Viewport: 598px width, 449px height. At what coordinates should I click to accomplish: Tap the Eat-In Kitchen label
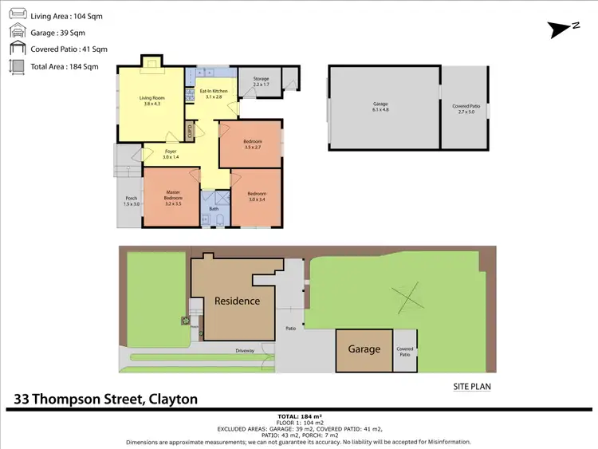pos(214,93)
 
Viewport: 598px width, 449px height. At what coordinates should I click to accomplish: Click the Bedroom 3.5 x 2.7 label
pos(252,144)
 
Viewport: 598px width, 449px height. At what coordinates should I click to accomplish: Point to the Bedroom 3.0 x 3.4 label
pos(256,196)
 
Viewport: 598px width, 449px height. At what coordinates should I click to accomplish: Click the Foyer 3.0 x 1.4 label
pos(171,154)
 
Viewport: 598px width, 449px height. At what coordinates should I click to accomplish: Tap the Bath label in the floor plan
pos(214,210)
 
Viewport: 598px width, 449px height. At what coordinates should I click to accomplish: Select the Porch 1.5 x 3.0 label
pos(132,202)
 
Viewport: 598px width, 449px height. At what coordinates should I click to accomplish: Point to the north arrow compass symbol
pos(563,29)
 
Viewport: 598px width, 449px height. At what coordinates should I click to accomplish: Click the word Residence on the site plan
pos(237,301)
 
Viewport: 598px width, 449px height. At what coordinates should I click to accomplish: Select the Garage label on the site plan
pos(364,349)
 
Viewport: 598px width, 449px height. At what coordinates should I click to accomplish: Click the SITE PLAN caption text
pos(471,387)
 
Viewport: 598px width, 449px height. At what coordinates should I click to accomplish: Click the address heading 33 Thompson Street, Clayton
pos(105,399)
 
